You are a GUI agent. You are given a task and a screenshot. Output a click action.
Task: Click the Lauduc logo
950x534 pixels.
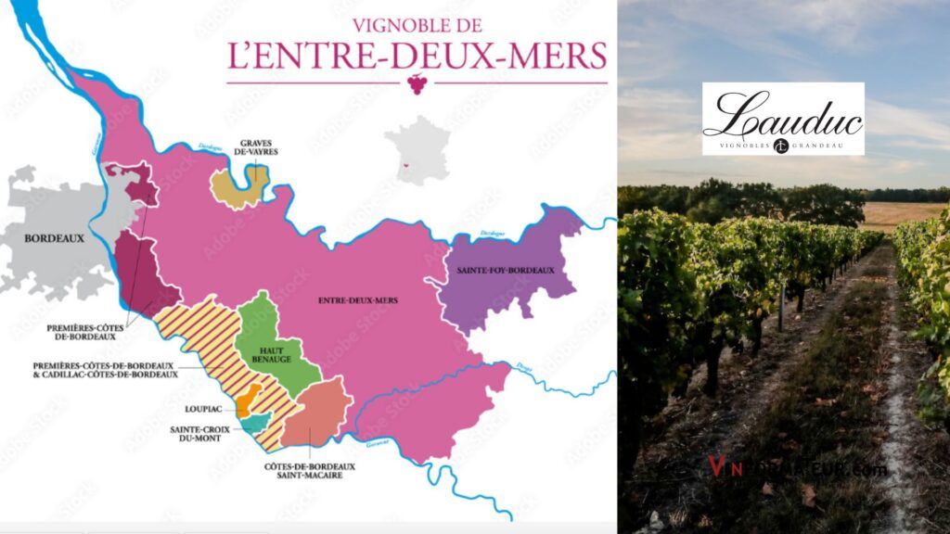[x=783, y=119]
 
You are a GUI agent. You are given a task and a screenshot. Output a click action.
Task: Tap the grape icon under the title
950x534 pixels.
[x=417, y=84]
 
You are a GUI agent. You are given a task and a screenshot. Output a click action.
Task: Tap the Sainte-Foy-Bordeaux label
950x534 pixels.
[x=506, y=270]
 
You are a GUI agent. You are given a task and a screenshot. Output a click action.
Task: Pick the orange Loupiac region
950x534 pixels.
[x=244, y=405]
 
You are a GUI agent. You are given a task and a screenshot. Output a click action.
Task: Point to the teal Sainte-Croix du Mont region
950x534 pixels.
[x=253, y=424]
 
